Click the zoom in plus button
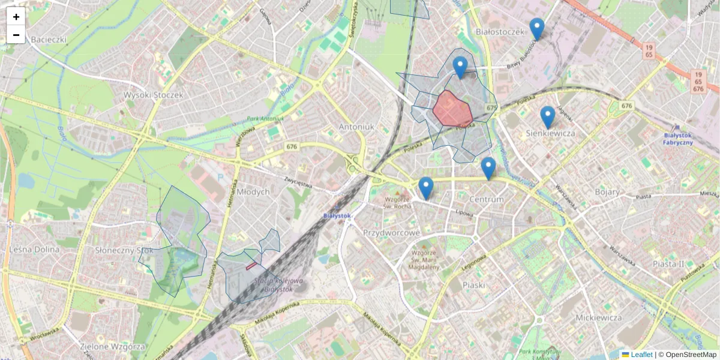(x=16, y=17)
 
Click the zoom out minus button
(x=16, y=35)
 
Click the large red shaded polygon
(x=451, y=109)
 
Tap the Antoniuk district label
(x=356, y=127)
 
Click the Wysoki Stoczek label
(x=153, y=95)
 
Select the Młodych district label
(x=253, y=191)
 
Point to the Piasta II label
(x=668, y=263)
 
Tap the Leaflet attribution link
(x=641, y=355)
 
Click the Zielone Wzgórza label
(x=112, y=347)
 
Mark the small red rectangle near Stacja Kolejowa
(x=254, y=264)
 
